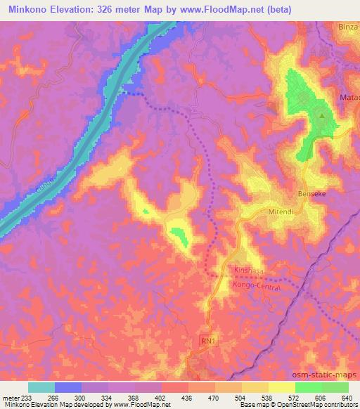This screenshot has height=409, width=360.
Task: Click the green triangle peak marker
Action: point(321,116)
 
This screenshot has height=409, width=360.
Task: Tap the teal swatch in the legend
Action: point(41,387)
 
